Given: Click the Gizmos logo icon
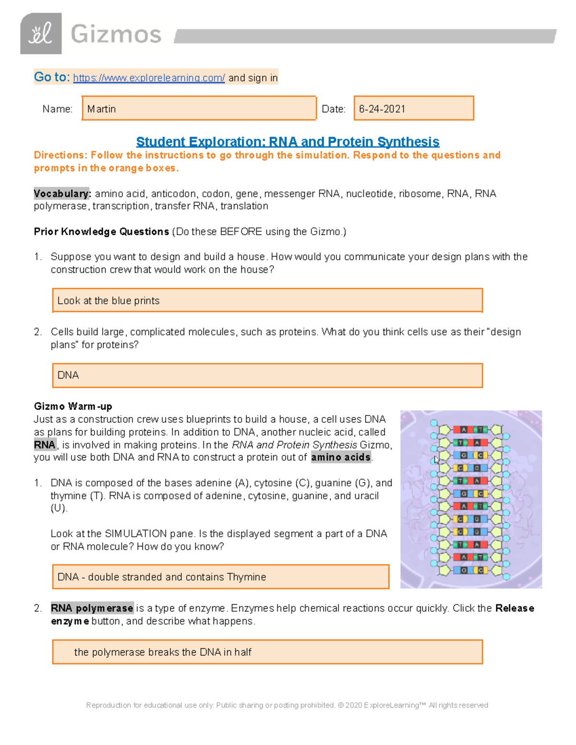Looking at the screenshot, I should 41,34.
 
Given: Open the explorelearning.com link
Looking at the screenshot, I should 148,78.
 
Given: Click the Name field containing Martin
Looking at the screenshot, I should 199,108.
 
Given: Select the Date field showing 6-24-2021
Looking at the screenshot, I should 413,108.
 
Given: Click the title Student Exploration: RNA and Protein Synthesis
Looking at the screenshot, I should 288,142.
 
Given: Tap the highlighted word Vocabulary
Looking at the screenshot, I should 61,193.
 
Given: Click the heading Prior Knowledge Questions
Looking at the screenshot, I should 101,232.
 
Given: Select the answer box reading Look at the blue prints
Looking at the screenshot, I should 267,301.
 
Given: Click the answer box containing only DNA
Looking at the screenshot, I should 267,375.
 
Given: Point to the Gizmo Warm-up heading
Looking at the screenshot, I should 73,406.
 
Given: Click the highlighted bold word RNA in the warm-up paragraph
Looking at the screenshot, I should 45,445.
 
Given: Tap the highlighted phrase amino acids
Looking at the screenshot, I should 341,457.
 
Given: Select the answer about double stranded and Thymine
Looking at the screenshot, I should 220,577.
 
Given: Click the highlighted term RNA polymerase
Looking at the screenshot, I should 92,608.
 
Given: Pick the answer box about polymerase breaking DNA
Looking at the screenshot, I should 267,652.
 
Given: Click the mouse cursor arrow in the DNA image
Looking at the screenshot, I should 436,460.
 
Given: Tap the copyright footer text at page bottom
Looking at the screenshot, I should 287,705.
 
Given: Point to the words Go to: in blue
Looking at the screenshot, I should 52,77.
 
